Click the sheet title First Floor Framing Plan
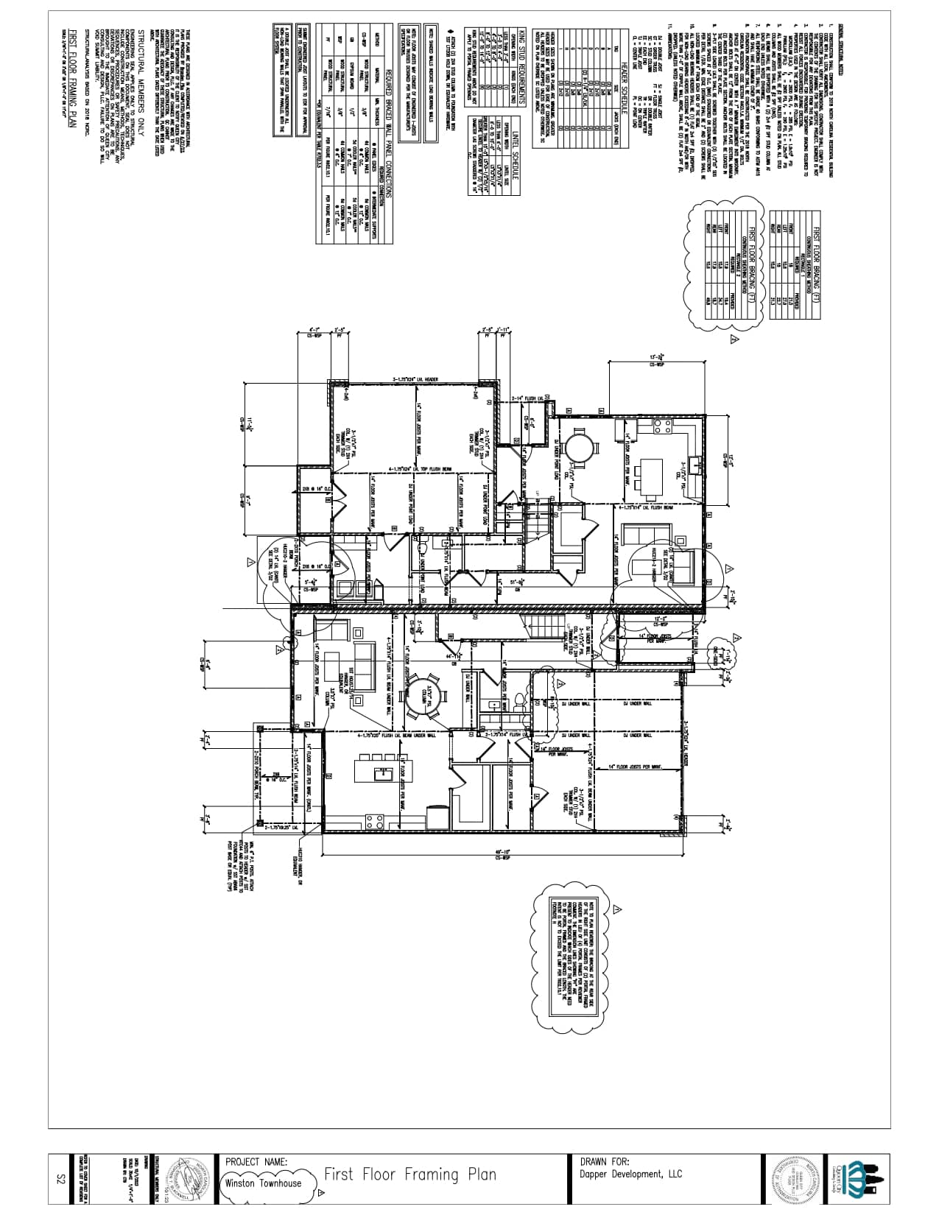tap(410, 1174)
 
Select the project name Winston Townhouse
tap(263, 1183)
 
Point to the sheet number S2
tap(62, 1180)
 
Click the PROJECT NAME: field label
tap(257, 1161)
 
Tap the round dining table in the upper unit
tap(579, 445)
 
